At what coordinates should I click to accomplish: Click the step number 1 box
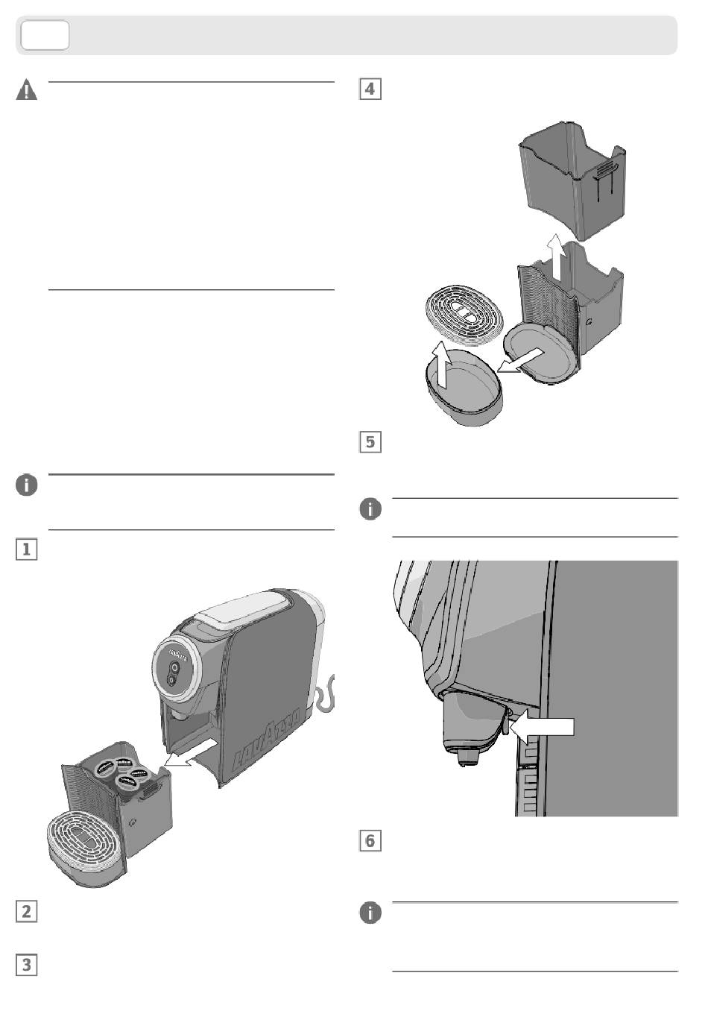pos(26,550)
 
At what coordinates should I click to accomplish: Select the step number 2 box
pos(26,911)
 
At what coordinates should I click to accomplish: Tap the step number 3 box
pos(26,965)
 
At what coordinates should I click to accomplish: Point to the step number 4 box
pos(370,89)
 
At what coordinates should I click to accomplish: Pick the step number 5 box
pos(370,442)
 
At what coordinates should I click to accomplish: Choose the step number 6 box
pos(370,841)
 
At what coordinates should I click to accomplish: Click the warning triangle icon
pos(27,91)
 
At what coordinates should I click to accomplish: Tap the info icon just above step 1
pos(26,485)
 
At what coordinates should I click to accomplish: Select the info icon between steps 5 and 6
pos(370,510)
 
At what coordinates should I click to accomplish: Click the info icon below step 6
pos(370,913)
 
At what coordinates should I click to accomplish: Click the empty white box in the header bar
pos(45,36)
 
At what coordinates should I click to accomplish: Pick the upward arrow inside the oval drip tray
pos(442,365)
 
